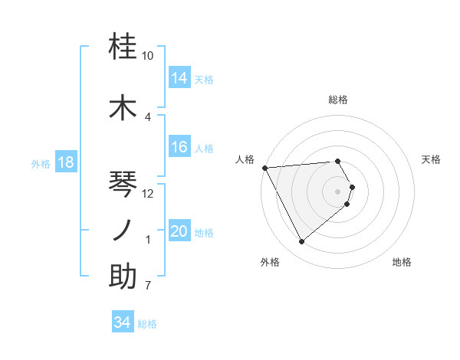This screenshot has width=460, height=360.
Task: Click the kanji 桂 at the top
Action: click(x=123, y=47)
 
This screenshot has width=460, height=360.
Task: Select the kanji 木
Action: click(x=123, y=107)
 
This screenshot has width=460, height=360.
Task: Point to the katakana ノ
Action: click(x=123, y=230)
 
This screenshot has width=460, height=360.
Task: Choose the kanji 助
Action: click(x=123, y=277)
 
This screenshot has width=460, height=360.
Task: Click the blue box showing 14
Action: click(x=179, y=78)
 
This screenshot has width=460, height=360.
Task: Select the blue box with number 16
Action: click(x=179, y=148)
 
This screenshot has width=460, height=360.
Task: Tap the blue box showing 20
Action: click(x=179, y=232)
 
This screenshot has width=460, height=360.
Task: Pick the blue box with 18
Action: click(x=65, y=163)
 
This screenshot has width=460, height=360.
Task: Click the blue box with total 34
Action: click(x=123, y=322)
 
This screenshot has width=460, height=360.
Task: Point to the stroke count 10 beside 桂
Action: click(x=147, y=56)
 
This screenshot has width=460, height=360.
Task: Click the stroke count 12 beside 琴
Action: click(x=148, y=193)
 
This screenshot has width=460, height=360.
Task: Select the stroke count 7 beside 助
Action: click(x=148, y=286)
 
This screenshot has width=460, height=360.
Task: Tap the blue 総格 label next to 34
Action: click(x=147, y=324)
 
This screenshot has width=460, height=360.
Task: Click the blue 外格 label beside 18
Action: click(x=41, y=164)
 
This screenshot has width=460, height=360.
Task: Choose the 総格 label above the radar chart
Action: click(x=338, y=100)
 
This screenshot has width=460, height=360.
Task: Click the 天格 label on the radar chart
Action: click(x=432, y=159)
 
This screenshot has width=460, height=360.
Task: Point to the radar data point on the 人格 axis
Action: click(x=264, y=167)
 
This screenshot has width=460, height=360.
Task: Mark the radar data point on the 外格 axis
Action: click(x=302, y=242)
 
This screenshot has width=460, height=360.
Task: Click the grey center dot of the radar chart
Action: click(x=338, y=191)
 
